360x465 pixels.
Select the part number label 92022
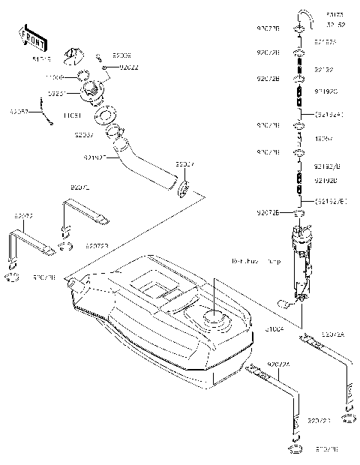pyautogui.click(x=130, y=67)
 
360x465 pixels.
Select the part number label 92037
pyautogui.click(x=83, y=136)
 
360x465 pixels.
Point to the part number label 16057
pyautogui.click(x=323, y=139)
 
